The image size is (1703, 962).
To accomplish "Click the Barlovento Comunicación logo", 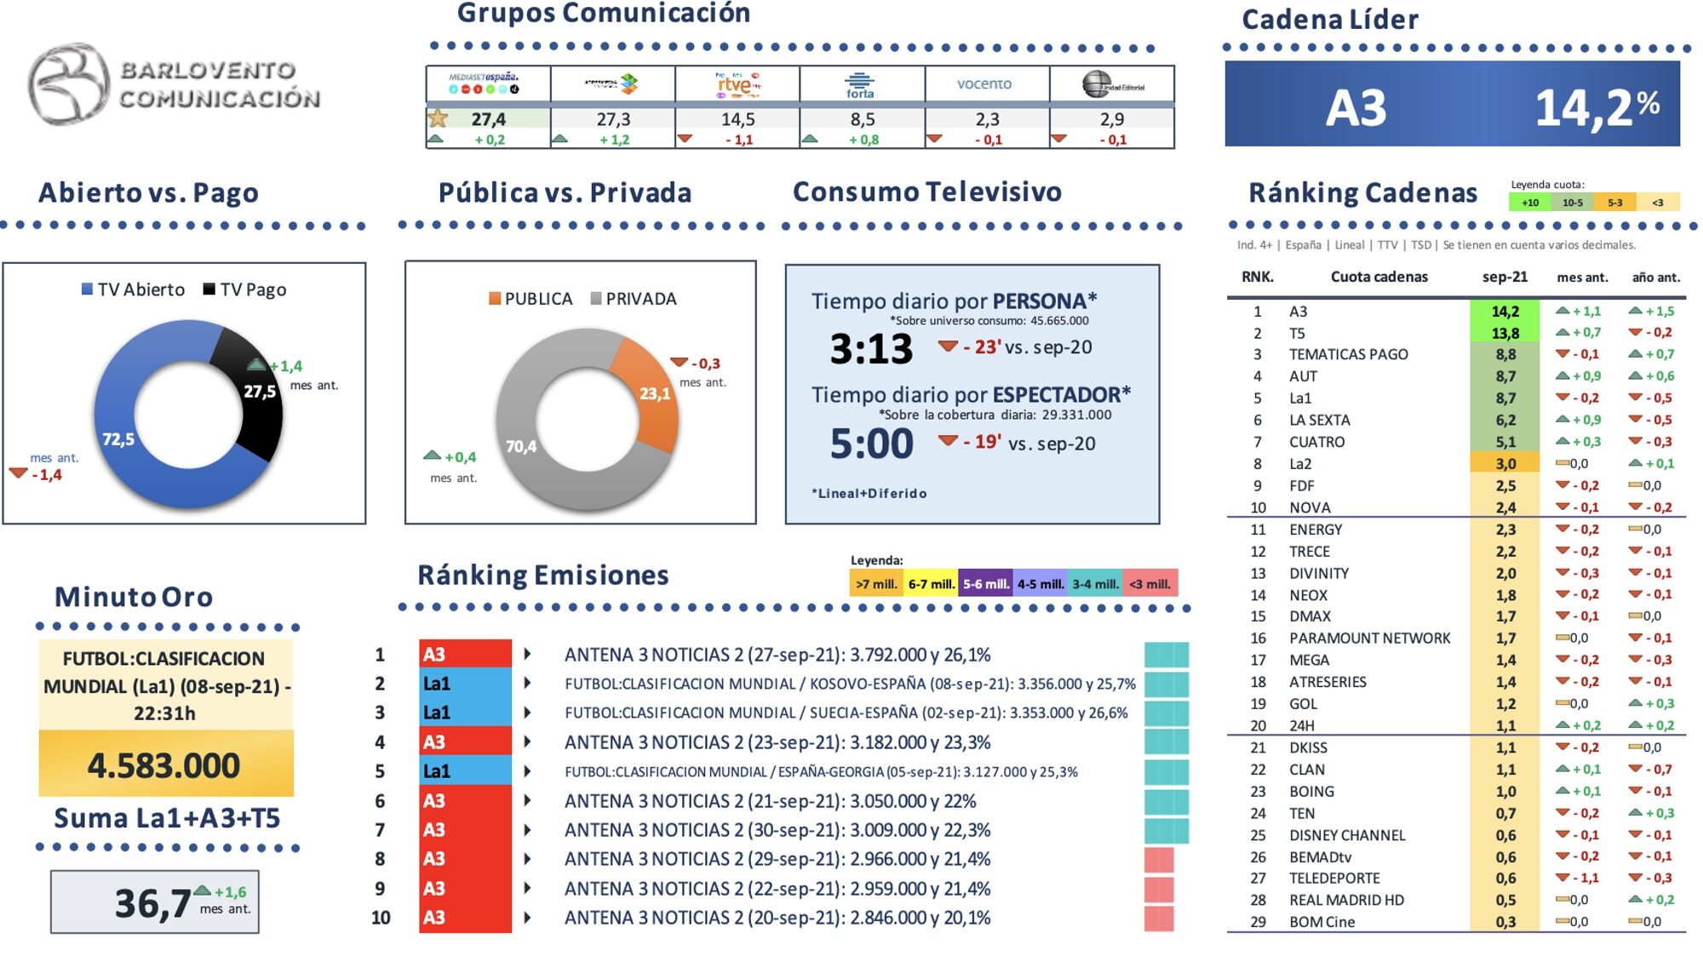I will click(x=175, y=83).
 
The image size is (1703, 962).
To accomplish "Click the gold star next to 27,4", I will click(x=438, y=118).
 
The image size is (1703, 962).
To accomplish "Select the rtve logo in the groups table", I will click(x=737, y=83).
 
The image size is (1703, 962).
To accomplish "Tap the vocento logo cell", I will click(x=985, y=83).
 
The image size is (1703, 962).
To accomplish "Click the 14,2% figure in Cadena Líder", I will click(x=1596, y=107).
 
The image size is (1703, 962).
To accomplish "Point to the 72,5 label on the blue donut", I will click(x=118, y=439).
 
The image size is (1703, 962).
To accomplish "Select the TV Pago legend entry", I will click(x=244, y=289).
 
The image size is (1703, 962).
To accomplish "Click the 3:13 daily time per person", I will click(x=871, y=349).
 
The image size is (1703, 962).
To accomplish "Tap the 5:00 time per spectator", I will click(x=871, y=444).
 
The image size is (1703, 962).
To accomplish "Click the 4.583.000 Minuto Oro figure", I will click(x=164, y=765).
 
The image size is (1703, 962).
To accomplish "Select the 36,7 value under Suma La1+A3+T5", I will click(x=153, y=903).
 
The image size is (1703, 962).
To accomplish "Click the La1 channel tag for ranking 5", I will click(x=464, y=771).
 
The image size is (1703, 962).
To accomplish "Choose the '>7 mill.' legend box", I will click(x=876, y=583).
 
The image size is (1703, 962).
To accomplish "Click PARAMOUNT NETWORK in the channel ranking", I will click(x=1368, y=638).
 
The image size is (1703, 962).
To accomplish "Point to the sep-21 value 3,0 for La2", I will click(x=1505, y=464).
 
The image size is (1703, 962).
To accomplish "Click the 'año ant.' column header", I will click(x=1655, y=277).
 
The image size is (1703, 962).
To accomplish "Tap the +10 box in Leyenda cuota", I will click(x=1529, y=203).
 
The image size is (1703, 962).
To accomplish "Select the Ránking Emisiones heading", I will click(x=542, y=575).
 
